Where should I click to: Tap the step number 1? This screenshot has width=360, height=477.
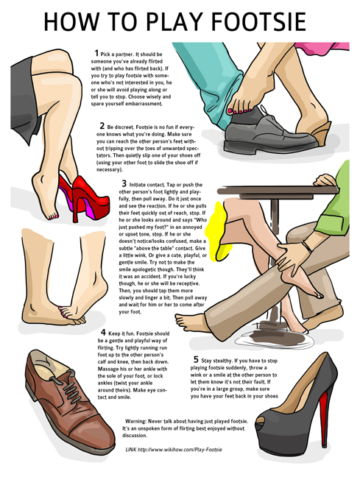pyautogui.click(x=96, y=52)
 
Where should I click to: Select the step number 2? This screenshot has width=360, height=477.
pyautogui.click(x=102, y=125)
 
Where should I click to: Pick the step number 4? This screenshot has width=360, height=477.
pyautogui.click(x=102, y=333)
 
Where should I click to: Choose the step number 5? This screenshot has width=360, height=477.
pyautogui.click(x=196, y=358)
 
